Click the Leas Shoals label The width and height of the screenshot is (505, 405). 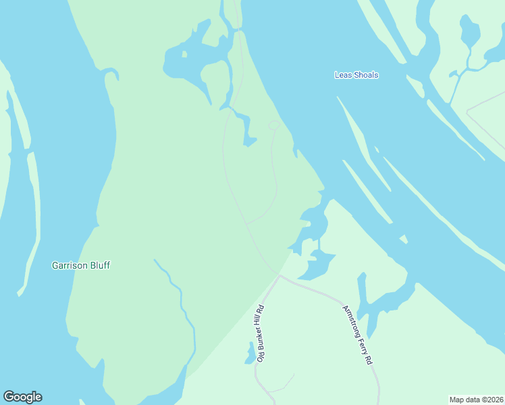pyautogui.click(x=356, y=75)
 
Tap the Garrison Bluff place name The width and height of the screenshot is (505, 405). pyautogui.click(x=81, y=265)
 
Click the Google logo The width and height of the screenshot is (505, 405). pyautogui.click(x=22, y=397)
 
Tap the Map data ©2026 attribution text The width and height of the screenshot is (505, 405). pyautogui.click(x=477, y=400)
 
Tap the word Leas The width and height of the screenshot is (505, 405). pyautogui.click(x=342, y=75)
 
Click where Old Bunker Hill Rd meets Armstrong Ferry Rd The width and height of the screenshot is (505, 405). pyautogui.click(x=280, y=275)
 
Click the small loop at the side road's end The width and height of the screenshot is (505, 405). pyautogui.click(x=273, y=125)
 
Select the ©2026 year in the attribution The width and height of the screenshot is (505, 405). pyautogui.click(x=493, y=400)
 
